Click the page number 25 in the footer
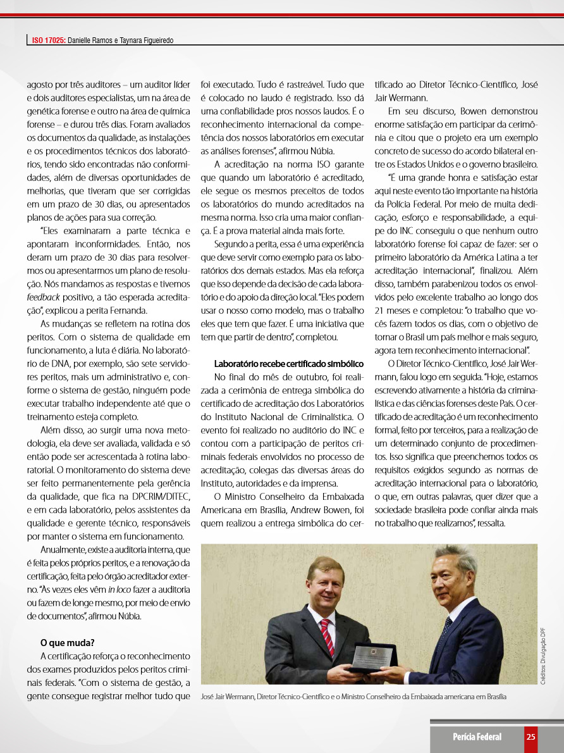click(x=530, y=737)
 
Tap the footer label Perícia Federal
click(x=477, y=737)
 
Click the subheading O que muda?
click(x=67, y=643)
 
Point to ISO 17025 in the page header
click(x=49, y=40)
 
